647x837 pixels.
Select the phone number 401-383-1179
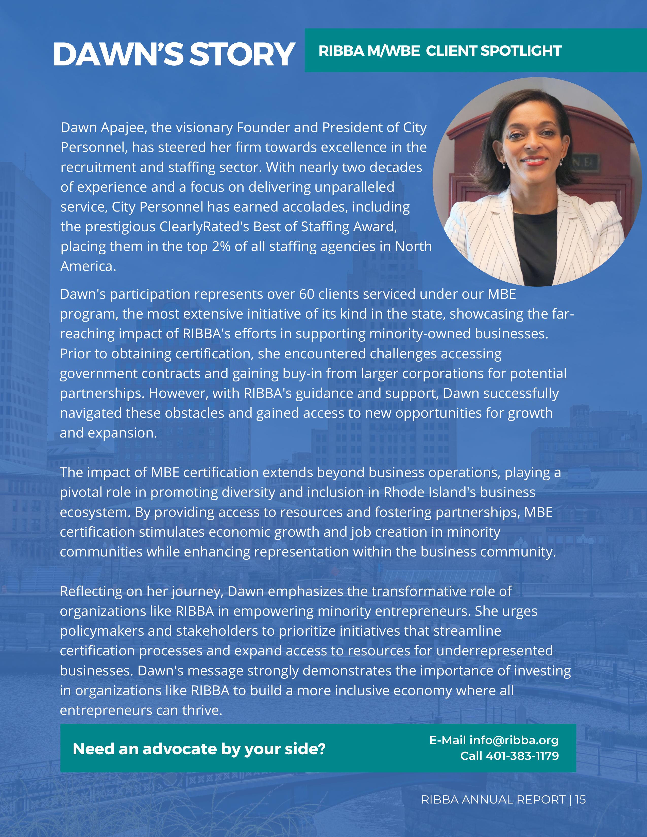[x=522, y=756]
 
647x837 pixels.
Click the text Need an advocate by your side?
[x=199, y=748]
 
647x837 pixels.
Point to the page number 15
[x=580, y=800]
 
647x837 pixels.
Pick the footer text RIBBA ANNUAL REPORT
[x=493, y=800]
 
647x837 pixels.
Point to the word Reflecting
[x=91, y=591]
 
